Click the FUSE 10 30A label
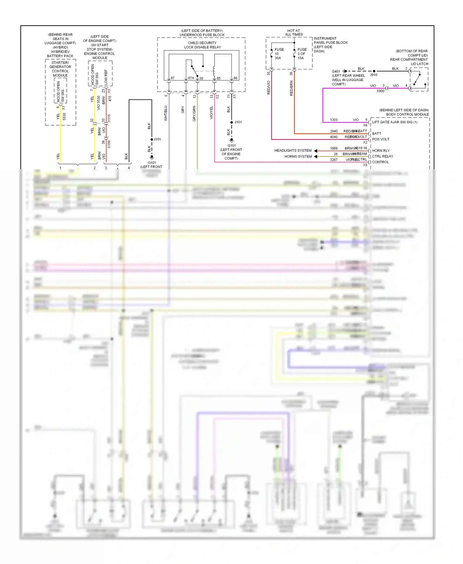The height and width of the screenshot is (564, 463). (x=279, y=54)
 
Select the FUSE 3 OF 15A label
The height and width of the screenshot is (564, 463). (x=302, y=54)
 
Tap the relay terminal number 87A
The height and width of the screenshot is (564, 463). (x=191, y=78)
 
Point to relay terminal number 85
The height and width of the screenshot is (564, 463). (x=219, y=78)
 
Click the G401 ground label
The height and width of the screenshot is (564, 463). (x=336, y=71)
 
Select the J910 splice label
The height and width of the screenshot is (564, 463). (x=373, y=75)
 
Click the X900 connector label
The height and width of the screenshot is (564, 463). (x=380, y=91)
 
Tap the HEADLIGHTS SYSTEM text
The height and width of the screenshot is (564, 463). (x=293, y=151)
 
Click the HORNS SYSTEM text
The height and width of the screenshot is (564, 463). (x=298, y=156)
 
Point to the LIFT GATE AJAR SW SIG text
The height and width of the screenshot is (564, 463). (x=394, y=122)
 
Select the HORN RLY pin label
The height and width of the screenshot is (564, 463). (x=381, y=151)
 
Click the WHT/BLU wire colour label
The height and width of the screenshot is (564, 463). (x=166, y=113)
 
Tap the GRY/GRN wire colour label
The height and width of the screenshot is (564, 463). (x=194, y=113)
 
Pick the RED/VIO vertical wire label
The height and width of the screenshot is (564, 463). (x=269, y=87)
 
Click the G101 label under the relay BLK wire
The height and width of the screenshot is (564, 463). (x=231, y=146)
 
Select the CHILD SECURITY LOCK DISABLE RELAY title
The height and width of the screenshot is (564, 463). (x=202, y=45)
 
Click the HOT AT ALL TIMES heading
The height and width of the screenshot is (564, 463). (x=294, y=32)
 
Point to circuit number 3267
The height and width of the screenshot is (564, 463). (x=334, y=160)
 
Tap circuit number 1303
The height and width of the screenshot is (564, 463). (x=334, y=120)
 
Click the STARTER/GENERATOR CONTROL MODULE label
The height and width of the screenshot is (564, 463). (x=60, y=69)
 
